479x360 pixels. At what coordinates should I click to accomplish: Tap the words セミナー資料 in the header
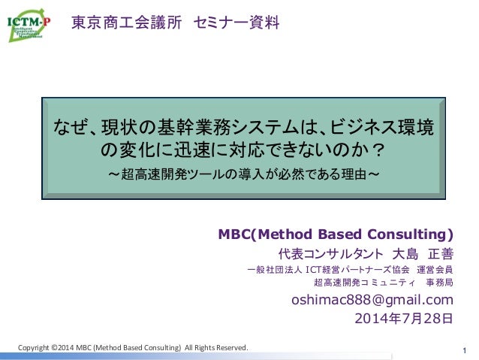click(x=236, y=23)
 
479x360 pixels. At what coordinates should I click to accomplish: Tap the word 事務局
click(x=439, y=283)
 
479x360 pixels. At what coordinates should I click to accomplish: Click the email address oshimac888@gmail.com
click(x=372, y=301)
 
